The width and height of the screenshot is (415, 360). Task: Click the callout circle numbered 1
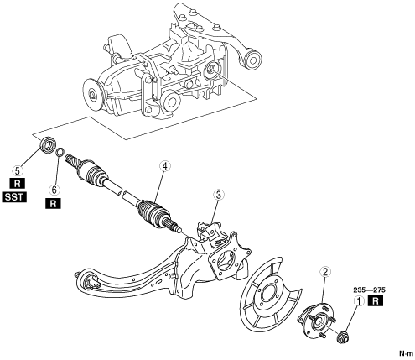click(x=359, y=301)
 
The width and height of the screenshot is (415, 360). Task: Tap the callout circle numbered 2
click(x=325, y=271)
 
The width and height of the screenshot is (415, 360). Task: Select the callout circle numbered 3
click(x=219, y=195)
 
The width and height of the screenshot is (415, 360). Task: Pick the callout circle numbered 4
click(x=165, y=166)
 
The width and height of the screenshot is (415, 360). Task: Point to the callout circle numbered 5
click(x=18, y=170)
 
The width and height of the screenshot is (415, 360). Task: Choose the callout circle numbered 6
click(x=54, y=190)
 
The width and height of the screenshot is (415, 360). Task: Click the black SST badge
click(x=14, y=197)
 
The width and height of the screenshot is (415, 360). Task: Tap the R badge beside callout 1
click(x=376, y=301)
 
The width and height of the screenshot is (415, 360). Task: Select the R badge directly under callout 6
click(x=53, y=204)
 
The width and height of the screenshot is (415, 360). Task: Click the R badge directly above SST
click(x=18, y=184)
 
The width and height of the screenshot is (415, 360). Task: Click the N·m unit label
click(x=407, y=353)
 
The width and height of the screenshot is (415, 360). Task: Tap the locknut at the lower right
click(x=343, y=337)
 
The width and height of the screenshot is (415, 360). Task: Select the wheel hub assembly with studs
click(x=317, y=320)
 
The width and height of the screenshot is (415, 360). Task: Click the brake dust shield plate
click(x=270, y=293)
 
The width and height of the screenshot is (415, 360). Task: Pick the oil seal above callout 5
click(x=49, y=145)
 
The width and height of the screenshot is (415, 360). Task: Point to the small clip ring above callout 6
click(x=60, y=152)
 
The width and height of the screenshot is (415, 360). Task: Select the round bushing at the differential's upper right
click(x=253, y=60)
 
